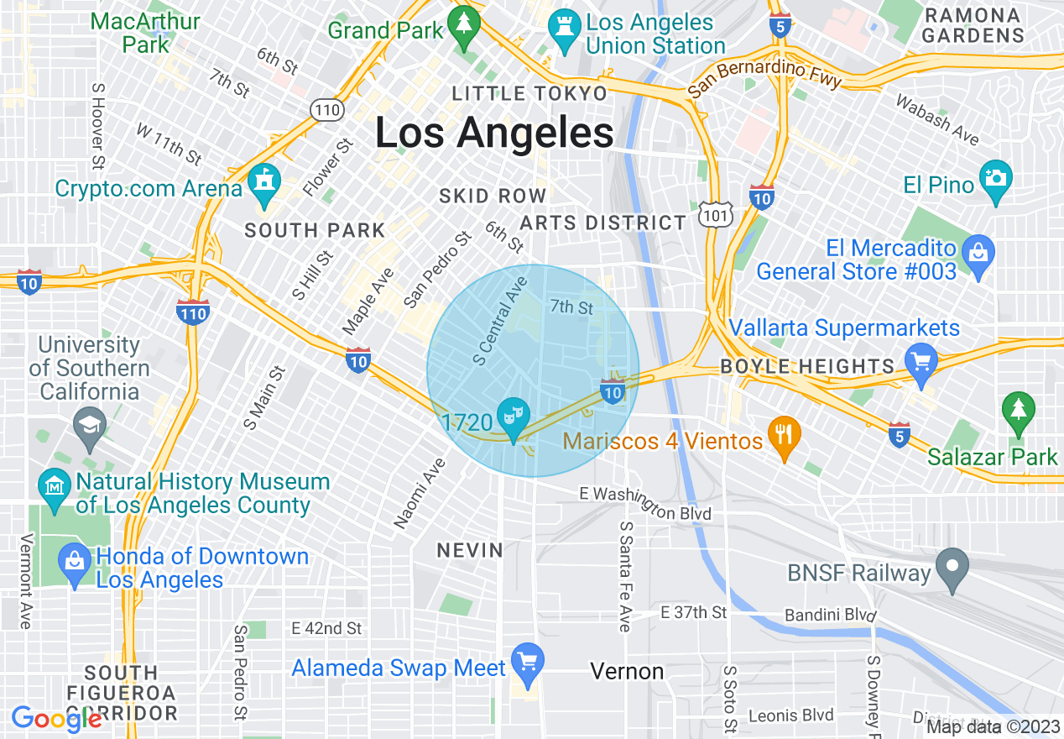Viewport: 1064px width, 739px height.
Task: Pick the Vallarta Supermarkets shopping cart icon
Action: coord(921,364)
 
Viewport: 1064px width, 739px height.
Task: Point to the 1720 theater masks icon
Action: coord(512,417)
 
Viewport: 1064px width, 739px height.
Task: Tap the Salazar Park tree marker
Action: coord(1019,412)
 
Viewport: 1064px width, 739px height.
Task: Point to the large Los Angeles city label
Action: coord(493,133)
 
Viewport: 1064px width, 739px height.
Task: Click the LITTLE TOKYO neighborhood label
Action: coord(529,93)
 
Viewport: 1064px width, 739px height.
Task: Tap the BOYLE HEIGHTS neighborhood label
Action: coord(807,366)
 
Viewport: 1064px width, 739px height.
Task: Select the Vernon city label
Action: coord(627,671)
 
